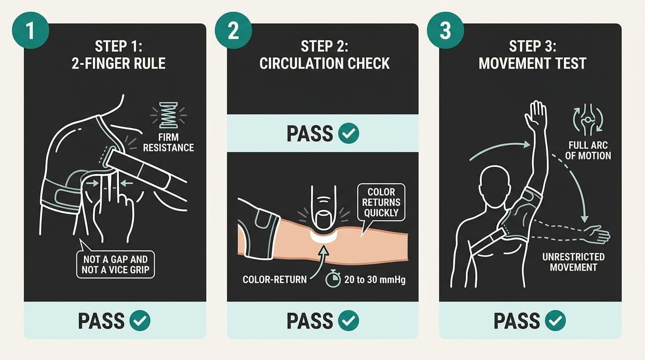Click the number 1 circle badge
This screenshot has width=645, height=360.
coord(30,30)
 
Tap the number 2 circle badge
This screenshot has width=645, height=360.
coord(233,30)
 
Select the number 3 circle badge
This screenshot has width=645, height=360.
coord(445,30)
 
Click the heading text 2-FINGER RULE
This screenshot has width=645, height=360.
coord(119,63)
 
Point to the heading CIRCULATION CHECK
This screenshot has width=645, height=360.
coord(324,63)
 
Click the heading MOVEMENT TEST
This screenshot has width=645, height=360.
coord(532,63)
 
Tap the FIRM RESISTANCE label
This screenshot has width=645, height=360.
coord(168,142)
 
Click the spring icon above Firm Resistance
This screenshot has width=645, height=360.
coord(168,115)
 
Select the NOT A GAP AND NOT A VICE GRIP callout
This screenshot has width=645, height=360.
coord(115,264)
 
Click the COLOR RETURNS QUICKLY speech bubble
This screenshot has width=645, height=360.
coord(381,202)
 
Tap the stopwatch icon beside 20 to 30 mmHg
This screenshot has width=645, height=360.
coord(333,278)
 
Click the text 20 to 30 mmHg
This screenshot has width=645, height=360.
coord(375,279)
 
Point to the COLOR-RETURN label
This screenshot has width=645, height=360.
coord(275,279)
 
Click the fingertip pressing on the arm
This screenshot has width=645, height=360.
coord(324,219)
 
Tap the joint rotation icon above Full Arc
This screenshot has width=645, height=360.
coord(588,120)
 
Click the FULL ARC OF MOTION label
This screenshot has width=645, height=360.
coord(588,150)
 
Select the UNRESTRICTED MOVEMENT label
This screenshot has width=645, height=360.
coord(573,262)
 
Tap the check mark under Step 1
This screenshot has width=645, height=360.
coord(140,321)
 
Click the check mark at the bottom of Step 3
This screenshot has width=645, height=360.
coord(555,321)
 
